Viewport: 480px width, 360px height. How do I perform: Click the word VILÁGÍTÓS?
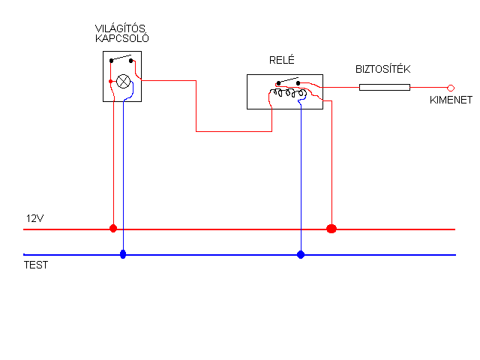120,28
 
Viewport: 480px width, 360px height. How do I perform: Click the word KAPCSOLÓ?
122,38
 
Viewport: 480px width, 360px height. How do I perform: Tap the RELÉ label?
282,60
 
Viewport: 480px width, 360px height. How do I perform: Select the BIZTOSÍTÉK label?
382,69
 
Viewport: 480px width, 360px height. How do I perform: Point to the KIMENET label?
451,100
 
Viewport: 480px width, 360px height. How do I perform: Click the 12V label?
35,218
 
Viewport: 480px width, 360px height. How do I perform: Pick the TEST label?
36,265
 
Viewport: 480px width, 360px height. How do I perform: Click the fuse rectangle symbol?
385,88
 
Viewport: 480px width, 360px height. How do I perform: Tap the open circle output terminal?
451,88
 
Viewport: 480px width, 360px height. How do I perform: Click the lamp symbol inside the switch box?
123,82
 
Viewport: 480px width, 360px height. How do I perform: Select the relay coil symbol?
288,93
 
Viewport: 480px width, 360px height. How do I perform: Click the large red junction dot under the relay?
331,229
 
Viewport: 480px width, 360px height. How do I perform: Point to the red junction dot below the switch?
113,228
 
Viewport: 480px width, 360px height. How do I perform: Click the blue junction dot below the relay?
301,254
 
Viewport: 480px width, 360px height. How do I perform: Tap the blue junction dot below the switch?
123,254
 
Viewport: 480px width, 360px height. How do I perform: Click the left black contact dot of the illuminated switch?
112,61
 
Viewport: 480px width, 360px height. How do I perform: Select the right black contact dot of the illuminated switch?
131,61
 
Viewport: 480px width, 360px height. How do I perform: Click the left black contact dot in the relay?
278,83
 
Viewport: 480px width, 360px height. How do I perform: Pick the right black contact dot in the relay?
298,83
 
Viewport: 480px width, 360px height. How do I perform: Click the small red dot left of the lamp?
111,82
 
